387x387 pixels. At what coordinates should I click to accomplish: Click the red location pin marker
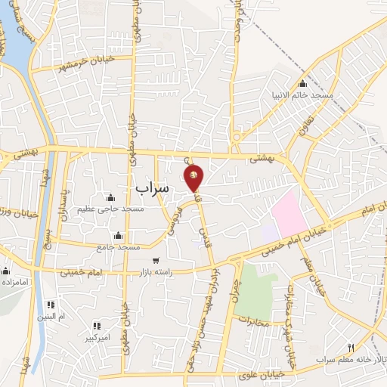pyautogui.click(x=194, y=177)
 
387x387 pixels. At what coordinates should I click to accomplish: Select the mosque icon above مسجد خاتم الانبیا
pyautogui.click(x=303, y=83)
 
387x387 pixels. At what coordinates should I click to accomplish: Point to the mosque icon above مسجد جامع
pyautogui.click(x=117, y=235)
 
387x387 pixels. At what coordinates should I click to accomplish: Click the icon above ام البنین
pyautogui.click(x=52, y=305)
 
